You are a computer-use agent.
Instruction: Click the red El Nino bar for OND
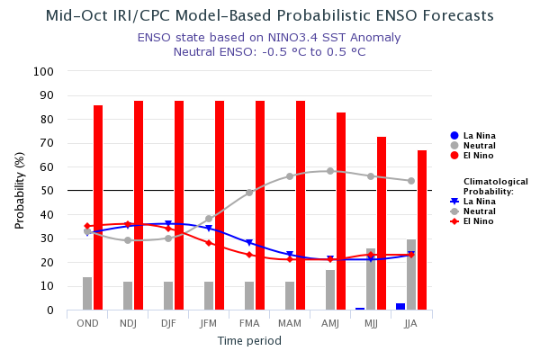pyautogui.click(x=98, y=208)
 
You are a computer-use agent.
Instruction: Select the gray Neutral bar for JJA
pyautogui.click(x=411, y=274)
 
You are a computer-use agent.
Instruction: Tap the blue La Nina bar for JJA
pyautogui.click(x=400, y=307)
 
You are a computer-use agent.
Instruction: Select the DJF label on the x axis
pyautogui.click(x=168, y=323)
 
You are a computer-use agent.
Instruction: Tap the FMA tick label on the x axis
pyautogui.click(x=249, y=323)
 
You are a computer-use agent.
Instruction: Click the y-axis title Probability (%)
pyautogui.click(x=20, y=190)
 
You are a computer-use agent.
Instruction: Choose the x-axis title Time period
pyautogui.click(x=249, y=341)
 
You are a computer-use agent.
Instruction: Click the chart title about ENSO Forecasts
pyautogui.click(x=269, y=16)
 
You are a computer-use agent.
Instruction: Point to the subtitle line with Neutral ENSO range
pyautogui.click(x=269, y=52)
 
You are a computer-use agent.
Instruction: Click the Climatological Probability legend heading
pyautogui.click(x=495, y=186)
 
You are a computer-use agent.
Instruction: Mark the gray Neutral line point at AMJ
pyautogui.click(x=330, y=171)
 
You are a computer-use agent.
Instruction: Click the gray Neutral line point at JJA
pyautogui.click(x=411, y=181)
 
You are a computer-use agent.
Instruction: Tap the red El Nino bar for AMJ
pyautogui.click(x=341, y=211)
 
